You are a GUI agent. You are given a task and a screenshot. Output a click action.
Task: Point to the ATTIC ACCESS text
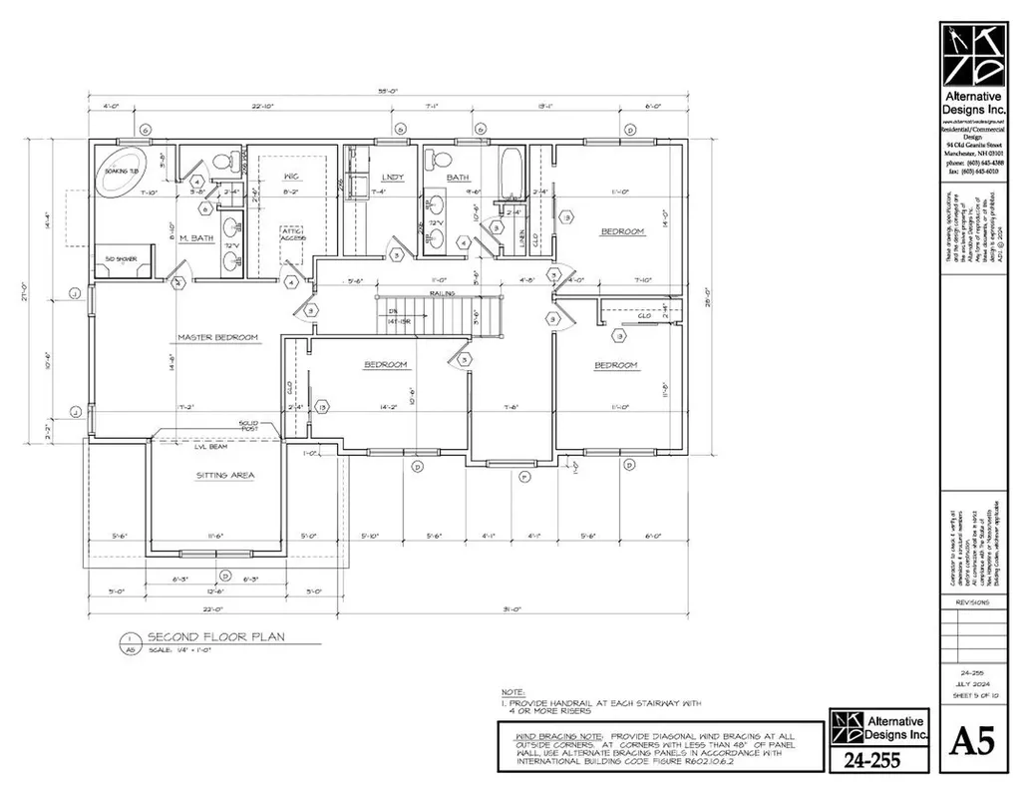click(292, 234)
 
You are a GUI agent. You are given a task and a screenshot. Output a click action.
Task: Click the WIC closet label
click(292, 174)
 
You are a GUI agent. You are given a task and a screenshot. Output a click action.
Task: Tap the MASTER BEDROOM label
click(217, 337)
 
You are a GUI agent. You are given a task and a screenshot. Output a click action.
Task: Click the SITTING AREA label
click(224, 476)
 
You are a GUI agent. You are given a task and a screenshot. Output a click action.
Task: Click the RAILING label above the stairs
click(443, 293)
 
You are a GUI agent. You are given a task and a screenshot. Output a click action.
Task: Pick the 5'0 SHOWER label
click(128, 260)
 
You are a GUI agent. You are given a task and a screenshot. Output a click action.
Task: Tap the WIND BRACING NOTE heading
click(539, 731)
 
